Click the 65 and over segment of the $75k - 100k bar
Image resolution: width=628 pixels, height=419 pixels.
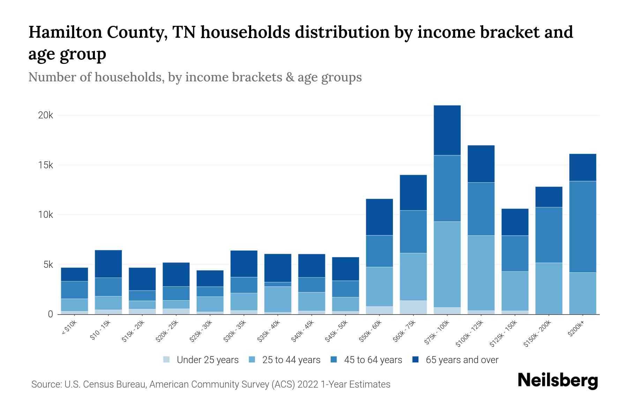447,130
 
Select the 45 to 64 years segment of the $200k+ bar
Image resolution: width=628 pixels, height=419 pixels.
582,227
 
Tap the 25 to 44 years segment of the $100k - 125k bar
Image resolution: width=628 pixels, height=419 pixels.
481,273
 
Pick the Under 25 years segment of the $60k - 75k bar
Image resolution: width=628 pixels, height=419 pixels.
413,307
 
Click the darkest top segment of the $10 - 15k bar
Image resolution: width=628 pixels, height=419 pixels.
108,264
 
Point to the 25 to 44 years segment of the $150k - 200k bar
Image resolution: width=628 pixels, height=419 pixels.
548,288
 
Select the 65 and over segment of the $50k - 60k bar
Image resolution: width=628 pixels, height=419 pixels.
379,217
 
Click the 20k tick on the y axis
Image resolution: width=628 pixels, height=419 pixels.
45,115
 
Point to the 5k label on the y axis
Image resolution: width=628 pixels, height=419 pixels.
45,265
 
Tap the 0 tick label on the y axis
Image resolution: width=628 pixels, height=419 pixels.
50,314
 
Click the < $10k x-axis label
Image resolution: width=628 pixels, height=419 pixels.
69,328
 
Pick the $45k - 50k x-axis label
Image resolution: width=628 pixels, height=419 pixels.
336,331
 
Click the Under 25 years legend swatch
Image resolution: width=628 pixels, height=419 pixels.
166,359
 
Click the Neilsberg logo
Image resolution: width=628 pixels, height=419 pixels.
558,381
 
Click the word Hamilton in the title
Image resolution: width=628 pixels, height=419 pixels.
65,32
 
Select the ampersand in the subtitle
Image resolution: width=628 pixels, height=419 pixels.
289,77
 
